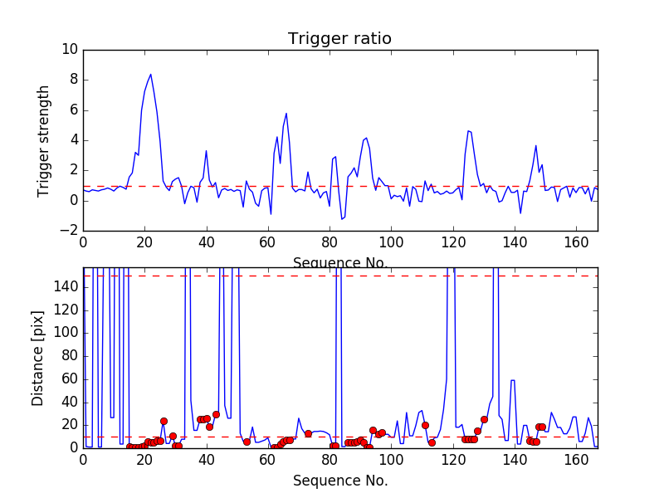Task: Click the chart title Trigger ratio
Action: point(339,39)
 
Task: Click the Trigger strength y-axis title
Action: point(44,140)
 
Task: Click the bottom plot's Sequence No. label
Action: point(340,481)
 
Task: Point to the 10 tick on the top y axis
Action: point(71,50)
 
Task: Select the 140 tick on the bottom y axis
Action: point(68,287)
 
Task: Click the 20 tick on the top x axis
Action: point(144,241)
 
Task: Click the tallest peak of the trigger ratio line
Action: point(150,74)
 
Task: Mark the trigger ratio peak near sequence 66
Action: point(286,113)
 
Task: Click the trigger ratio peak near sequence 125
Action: point(468,130)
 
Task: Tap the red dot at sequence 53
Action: point(247,442)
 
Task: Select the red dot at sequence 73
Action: point(308,433)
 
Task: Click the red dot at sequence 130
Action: point(484,419)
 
